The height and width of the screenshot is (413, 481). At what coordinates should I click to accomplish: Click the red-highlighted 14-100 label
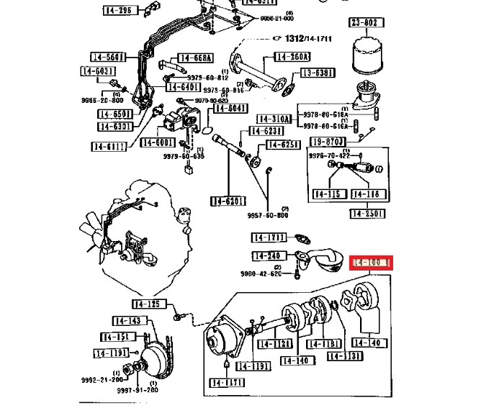pyautogui.click(x=371, y=263)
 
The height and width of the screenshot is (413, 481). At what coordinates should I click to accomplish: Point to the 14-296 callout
pyautogui.click(x=118, y=11)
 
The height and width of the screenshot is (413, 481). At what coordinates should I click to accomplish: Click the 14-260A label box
pyautogui.click(x=292, y=57)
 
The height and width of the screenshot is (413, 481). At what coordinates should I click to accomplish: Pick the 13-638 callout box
pyautogui.click(x=318, y=73)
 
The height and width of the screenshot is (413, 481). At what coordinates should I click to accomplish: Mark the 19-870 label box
pyautogui.click(x=328, y=141)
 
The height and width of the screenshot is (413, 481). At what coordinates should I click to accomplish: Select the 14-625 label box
pyautogui.click(x=282, y=145)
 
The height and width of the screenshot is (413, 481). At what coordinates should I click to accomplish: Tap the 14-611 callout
pyautogui.click(x=109, y=146)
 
